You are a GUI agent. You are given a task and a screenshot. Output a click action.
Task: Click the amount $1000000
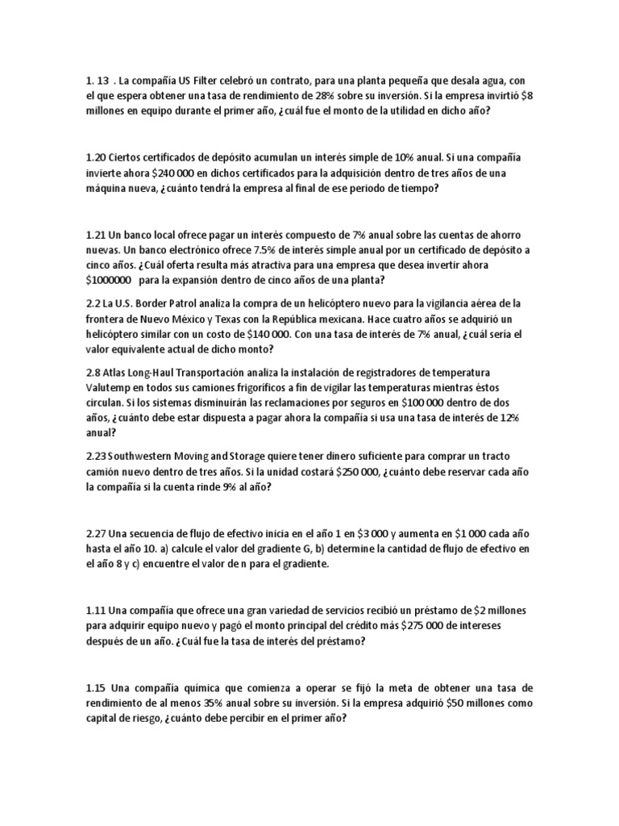109,281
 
